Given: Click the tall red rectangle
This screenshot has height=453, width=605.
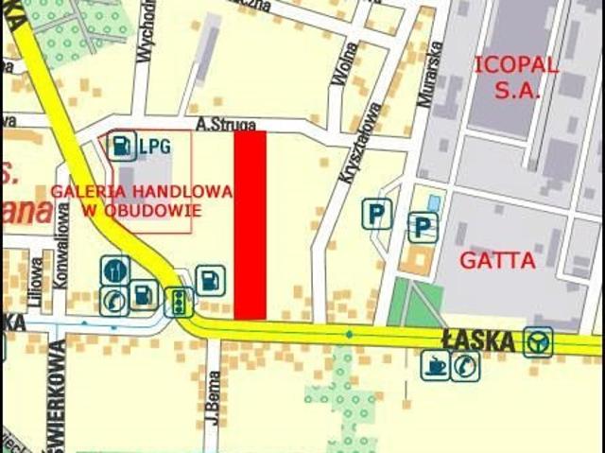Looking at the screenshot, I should point(250,224).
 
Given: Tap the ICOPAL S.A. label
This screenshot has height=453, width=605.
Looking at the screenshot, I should point(516,78).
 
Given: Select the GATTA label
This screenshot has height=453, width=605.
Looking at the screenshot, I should point(497,259).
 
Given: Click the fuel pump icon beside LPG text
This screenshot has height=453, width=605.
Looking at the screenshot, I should point(123,146).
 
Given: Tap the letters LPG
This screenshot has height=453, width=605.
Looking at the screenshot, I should point(154,147).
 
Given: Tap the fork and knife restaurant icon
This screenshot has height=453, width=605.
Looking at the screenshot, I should point(114,270).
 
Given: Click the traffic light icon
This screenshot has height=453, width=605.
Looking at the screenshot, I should point(178,302).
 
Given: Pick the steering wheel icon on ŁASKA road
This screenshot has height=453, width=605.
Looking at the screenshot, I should point(539,341).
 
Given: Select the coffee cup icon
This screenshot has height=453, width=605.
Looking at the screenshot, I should point(435,365).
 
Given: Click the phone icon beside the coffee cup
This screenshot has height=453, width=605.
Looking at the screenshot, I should point(465,365).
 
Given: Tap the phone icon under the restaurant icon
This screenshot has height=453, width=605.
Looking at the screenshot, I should point(114,300).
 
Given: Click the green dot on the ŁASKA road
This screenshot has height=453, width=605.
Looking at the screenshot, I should point(349,334).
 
